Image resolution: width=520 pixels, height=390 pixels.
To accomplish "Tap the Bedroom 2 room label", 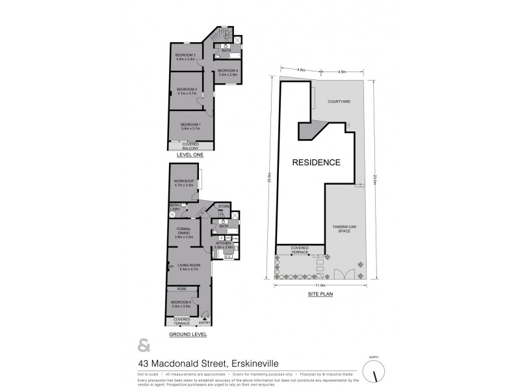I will tap(187, 92).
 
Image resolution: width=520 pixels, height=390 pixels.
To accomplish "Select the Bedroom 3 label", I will tap(185, 57).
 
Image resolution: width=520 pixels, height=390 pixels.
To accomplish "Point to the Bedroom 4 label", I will tap(227, 72).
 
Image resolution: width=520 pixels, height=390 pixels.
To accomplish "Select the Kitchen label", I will tap(224, 246).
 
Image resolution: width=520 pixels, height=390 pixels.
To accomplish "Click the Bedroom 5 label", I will tap(181, 304).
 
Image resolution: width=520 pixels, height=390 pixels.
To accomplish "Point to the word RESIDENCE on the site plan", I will tap(315, 162).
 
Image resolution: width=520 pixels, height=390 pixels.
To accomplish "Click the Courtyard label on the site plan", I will tap(339, 102).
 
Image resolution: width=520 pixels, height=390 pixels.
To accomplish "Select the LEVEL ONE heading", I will tap(190, 155).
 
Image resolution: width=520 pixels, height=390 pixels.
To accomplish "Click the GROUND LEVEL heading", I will tap(188, 334).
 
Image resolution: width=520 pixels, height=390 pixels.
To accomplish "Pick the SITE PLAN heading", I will tap(320, 294).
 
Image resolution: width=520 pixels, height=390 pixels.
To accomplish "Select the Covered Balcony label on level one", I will tap(190, 146).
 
